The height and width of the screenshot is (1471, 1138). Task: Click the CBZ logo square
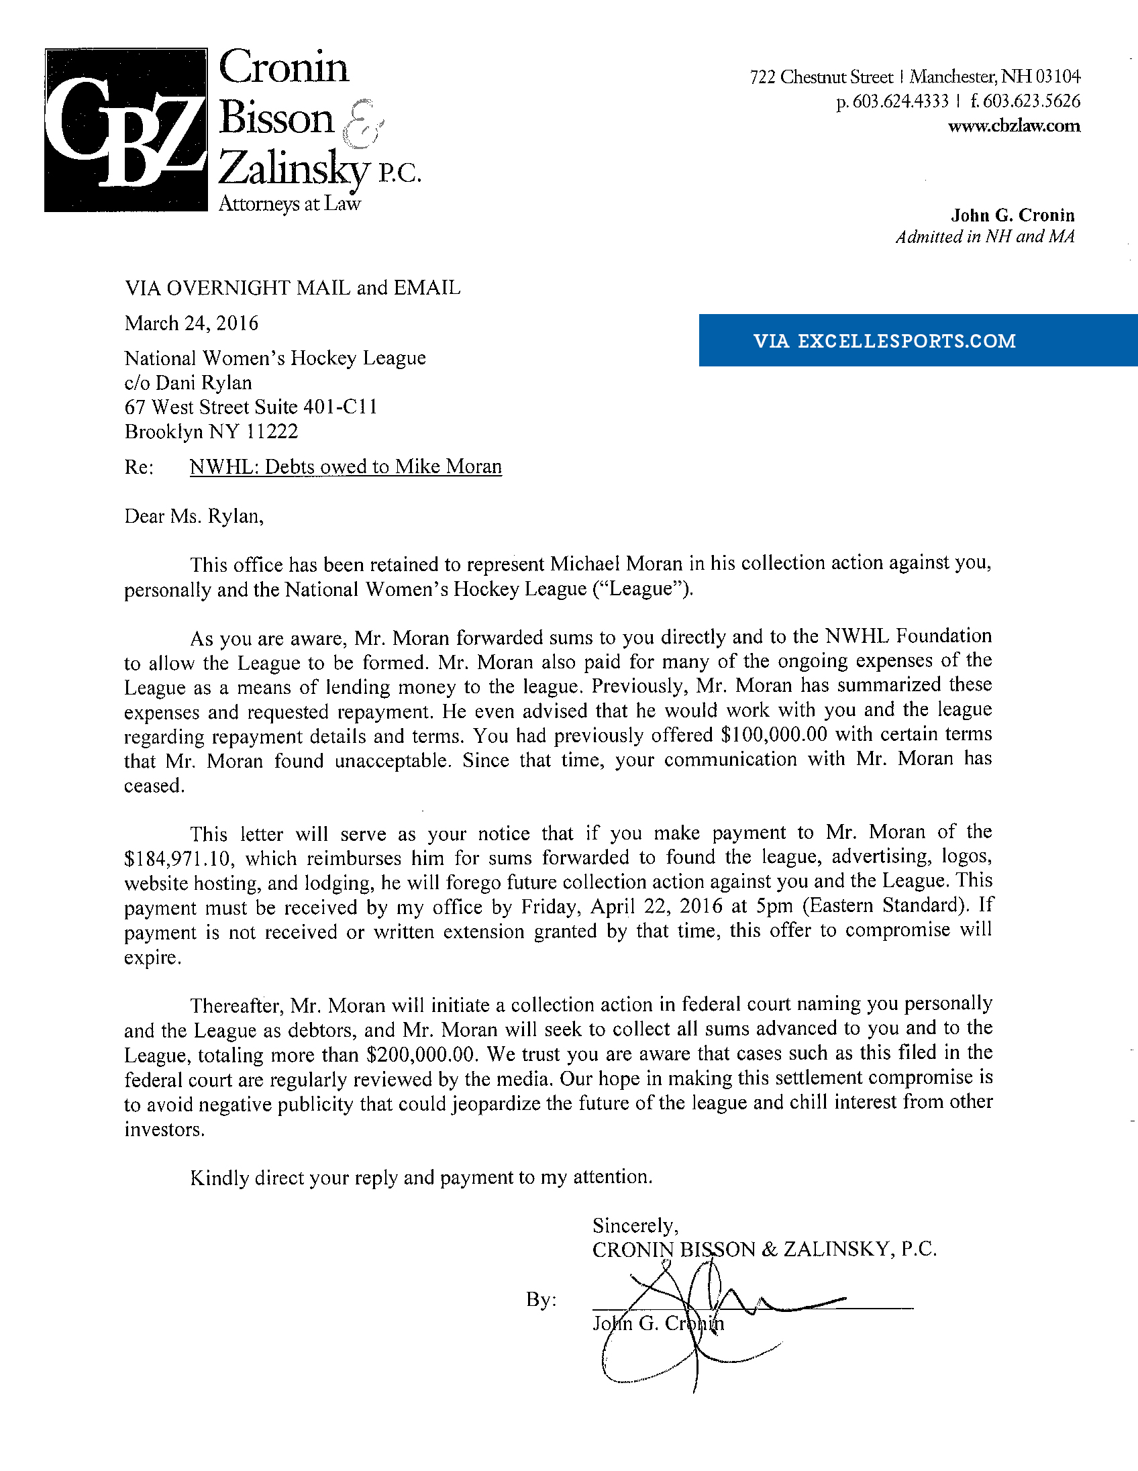coord(126,130)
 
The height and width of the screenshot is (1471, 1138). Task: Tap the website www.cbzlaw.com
coord(1013,126)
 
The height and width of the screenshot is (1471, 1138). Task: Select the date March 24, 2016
coord(191,323)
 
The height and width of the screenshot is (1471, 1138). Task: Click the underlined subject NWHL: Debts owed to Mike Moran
coord(346,467)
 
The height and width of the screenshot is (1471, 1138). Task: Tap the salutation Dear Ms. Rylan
coord(194,516)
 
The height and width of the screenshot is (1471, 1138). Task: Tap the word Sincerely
coord(634,1225)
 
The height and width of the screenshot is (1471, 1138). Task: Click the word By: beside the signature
coord(541,1299)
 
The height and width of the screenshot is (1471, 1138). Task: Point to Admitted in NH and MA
coord(984,236)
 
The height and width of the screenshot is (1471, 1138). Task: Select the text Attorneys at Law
coord(290,204)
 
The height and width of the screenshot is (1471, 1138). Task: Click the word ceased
coord(154,786)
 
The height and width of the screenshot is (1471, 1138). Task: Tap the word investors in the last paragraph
coord(164,1129)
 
